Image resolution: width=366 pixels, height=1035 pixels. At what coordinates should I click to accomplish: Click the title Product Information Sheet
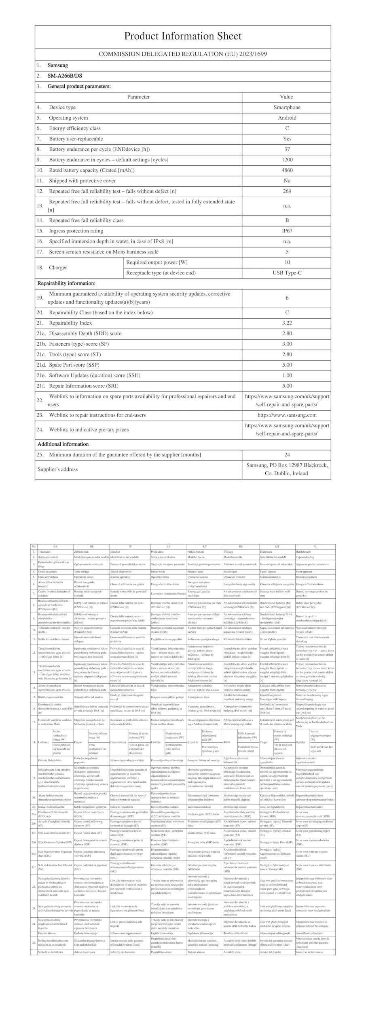[182, 36]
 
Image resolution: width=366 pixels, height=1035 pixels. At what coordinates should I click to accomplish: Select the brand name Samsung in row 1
[58, 65]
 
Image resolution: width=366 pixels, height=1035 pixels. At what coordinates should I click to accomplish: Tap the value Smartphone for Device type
[287, 107]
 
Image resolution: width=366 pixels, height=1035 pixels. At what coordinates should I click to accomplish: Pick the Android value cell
[287, 118]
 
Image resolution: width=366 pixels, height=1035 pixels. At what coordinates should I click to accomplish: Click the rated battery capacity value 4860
[287, 170]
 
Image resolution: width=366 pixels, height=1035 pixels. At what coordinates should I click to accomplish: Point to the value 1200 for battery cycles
[287, 160]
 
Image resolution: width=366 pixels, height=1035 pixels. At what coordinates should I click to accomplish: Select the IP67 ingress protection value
[287, 231]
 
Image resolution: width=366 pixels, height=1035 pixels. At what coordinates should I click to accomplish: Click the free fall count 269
[287, 191]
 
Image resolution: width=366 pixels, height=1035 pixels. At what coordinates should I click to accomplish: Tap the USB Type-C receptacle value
[287, 273]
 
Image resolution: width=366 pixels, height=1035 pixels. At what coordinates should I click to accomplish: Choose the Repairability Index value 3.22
[287, 323]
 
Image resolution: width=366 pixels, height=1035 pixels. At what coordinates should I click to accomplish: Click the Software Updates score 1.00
[287, 375]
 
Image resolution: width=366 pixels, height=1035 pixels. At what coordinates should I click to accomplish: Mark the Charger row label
[58, 268]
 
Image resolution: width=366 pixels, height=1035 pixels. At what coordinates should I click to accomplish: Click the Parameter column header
[138, 97]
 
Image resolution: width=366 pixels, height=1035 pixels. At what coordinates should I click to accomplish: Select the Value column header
[286, 97]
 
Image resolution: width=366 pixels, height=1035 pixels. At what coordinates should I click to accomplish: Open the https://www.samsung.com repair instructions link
[287, 415]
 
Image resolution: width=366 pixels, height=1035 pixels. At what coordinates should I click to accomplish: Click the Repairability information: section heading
[66, 283]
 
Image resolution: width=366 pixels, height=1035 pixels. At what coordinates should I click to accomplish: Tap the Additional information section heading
[63, 444]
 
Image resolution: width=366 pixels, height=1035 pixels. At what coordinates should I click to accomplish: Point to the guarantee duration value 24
[287, 455]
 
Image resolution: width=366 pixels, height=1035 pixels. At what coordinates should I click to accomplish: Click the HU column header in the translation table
[241, 547]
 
